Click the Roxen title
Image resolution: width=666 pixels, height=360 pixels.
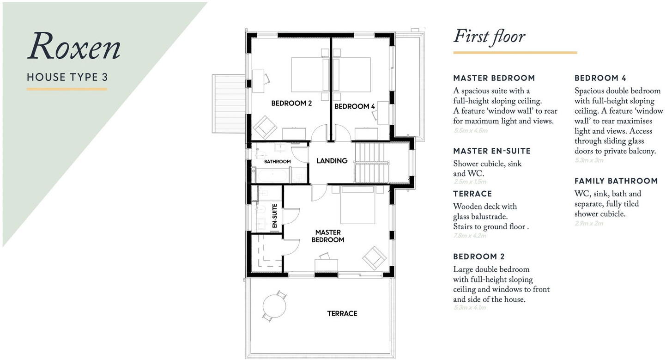pyautogui.click(x=74, y=47)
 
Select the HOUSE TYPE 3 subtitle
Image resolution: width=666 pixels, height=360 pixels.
pyautogui.click(x=67, y=77)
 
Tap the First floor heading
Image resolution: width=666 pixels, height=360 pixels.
pyautogui.click(x=489, y=37)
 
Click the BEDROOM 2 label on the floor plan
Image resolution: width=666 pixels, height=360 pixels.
pyautogui.click(x=291, y=104)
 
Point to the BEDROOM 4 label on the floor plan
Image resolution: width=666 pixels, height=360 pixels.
pyautogui.click(x=354, y=107)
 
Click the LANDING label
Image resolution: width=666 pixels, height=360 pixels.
pyautogui.click(x=332, y=161)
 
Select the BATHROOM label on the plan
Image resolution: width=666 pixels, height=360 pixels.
pyautogui.click(x=277, y=162)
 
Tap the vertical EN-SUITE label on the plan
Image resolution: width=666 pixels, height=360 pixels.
pyautogui.click(x=274, y=216)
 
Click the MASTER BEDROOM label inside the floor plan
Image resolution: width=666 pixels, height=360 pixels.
pyautogui.click(x=328, y=236)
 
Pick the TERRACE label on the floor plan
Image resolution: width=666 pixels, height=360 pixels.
pyautogui.click(x=342, y=314)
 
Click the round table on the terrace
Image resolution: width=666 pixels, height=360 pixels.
pyautogui.click(x=274, y=305)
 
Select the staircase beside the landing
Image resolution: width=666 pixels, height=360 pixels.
pyautogui.click(x=372, y=162)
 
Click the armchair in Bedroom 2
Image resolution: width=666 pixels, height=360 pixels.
pyautogui.click(x=264, y=127)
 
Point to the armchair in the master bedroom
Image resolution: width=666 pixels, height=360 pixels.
pyautogui.click(x=374, y=257)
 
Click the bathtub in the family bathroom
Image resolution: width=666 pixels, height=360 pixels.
pyautogui.click(x=272, y=176)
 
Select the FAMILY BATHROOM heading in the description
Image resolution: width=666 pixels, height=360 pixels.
pyautogui.click(x=616, y=181)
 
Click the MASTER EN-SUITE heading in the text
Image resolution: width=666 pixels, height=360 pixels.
pyautogui.click(x=491, y=151)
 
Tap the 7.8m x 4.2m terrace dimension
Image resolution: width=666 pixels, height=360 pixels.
pyautogui.click(x=470, y=236)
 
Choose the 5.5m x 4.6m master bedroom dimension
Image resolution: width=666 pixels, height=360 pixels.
pyautogui.click(x=471, y=131)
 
